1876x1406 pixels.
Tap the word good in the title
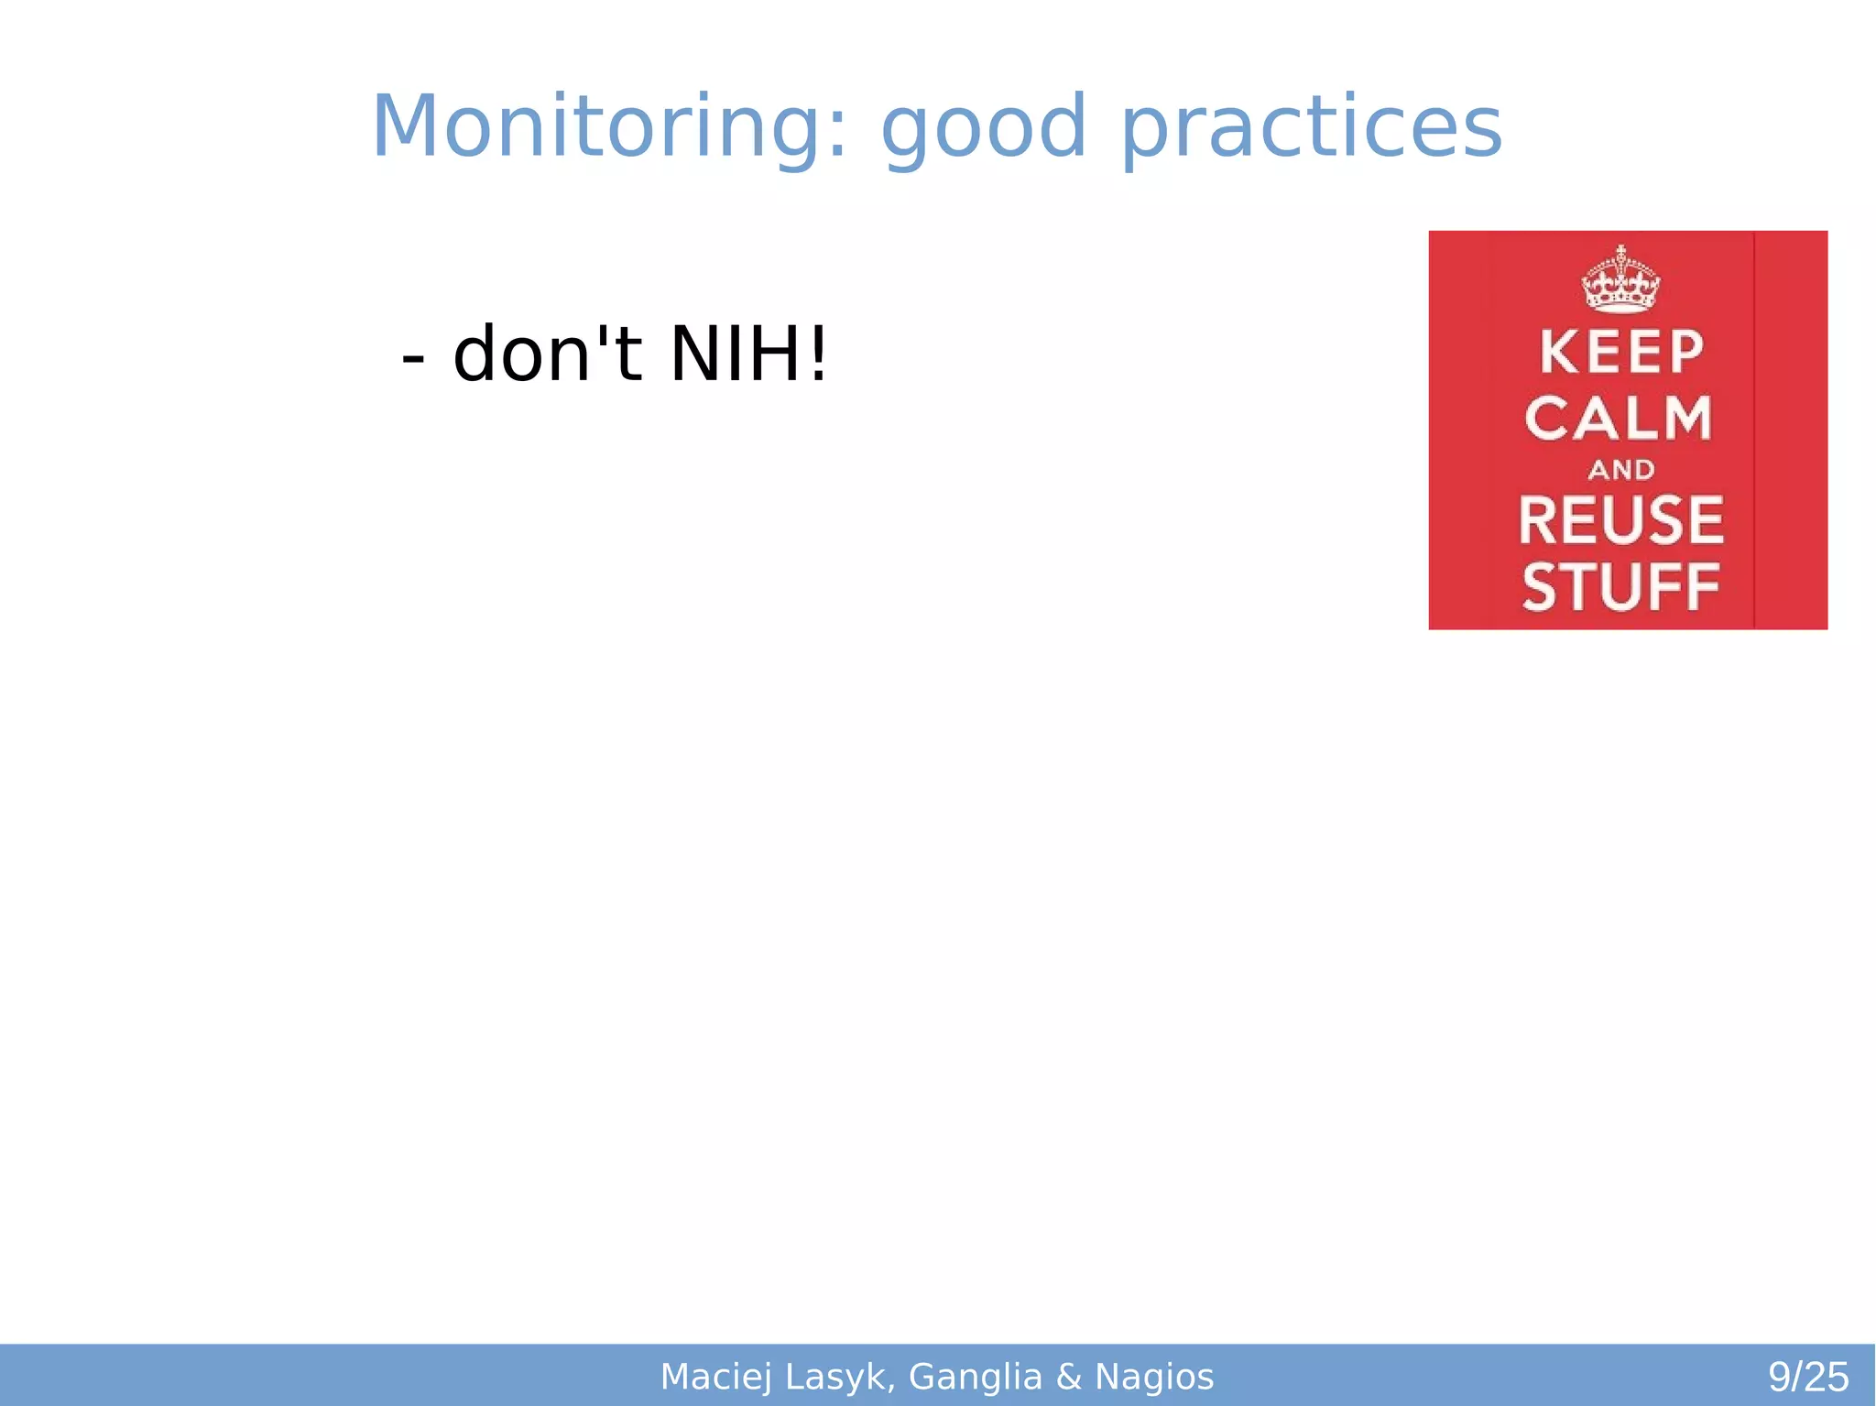click(983, 133)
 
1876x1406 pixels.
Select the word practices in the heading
click(1311, 133)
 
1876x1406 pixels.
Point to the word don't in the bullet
click(548, 355)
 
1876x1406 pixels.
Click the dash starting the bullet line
click(413, 359)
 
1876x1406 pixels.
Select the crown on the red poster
click(1620, 279)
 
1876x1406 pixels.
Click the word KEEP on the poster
click(1621, 353)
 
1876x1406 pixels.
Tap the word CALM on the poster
click(1619, 420)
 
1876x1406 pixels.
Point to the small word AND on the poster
click(1621, 470)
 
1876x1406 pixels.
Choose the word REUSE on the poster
click(1620, 520)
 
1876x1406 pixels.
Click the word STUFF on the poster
click(1620, 587)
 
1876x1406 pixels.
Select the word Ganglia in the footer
click(976, 1377)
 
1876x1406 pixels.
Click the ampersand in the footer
click(1069, 1377)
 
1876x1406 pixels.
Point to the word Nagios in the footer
click(1154, 1377)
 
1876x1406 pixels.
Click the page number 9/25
click(1808, 1377)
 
